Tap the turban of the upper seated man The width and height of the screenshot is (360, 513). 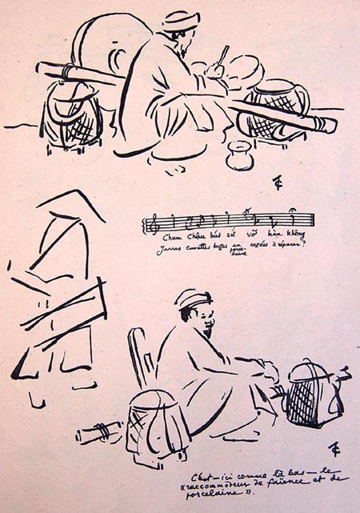(x=181, y=20)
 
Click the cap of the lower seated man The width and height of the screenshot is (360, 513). (x=193, y=298)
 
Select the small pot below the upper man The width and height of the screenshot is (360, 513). (x=238, y=155)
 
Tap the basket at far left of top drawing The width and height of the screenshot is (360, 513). (x=70, y=112)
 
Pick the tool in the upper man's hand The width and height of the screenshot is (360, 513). (x=222, y=57)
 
